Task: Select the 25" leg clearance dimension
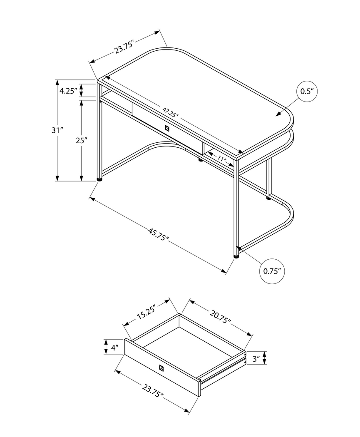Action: [81, 140]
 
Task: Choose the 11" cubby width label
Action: [221, 159]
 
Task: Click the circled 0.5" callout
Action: [307, 92]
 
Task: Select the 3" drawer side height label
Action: [256, 358]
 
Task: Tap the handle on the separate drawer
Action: [161, 368]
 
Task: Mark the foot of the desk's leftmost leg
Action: [99, 180]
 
